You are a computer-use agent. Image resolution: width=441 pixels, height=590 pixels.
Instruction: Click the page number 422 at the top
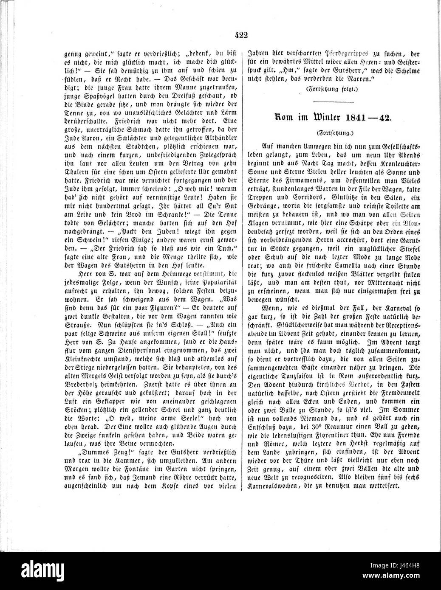tap(240, 35)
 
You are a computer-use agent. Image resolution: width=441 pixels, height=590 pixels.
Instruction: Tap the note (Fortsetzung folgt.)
tap(332, 89)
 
